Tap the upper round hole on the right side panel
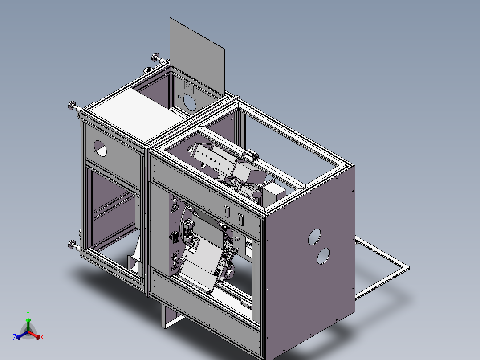tap(315, 237)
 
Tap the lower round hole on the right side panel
tap(323, 256)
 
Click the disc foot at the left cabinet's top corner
tap(71, 106)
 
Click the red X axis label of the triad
tap(41, 338)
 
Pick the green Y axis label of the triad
tap(28, 313)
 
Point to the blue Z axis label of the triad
tap(15, 338)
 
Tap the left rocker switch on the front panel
tap(226, 210)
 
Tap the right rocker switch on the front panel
tap(241, 219)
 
